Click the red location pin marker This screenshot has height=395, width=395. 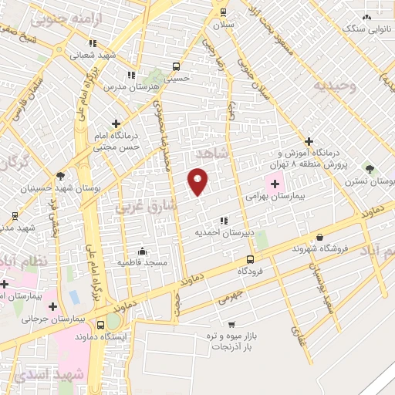tap(198, 181)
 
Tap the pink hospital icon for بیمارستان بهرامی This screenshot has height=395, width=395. tap(275, 184)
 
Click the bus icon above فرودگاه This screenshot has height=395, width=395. tap(249, 260)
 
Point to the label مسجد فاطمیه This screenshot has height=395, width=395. tap(143, 262)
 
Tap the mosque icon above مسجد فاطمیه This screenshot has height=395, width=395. tap(142, 251)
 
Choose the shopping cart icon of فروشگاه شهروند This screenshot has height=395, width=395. tap(319, 238)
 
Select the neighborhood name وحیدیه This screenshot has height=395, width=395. tap(333, 86)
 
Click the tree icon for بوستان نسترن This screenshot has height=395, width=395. tap(370, 169)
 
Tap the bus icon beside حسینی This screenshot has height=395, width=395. tap(177, 66)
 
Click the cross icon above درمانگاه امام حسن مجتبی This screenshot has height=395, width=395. tap(116, 123)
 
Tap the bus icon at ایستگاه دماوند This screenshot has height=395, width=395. tap(100, 324)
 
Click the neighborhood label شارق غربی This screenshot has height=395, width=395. tap(146, 206)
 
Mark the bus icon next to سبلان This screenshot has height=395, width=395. tap(223, 12)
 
